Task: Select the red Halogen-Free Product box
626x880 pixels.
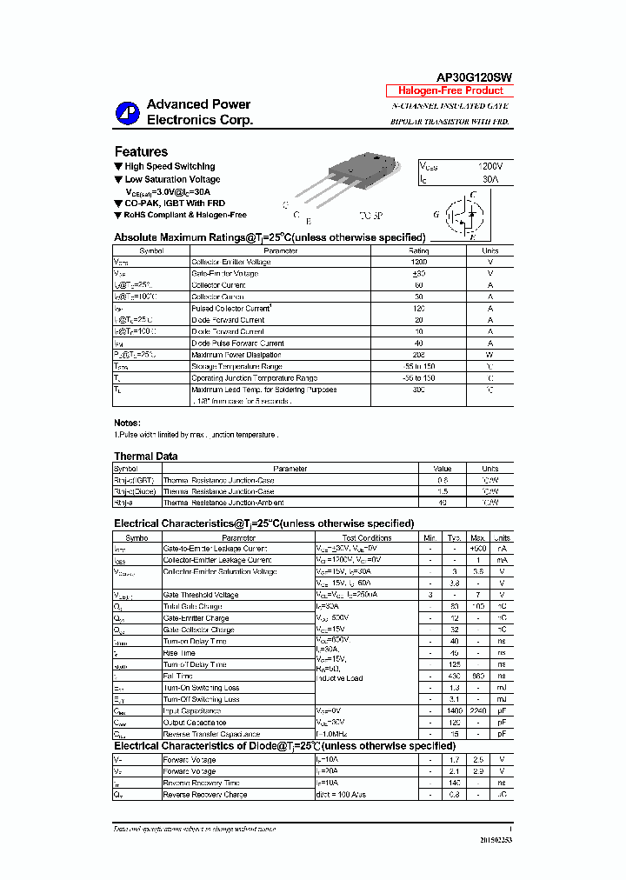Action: coord(450,90)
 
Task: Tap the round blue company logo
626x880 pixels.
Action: coord(128,112)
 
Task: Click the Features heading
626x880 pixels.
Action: coord(141,151)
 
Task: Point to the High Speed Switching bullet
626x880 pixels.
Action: coord(169,166)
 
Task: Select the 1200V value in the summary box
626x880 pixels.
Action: coord(489,165)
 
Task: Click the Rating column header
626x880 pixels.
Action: coord(418,250)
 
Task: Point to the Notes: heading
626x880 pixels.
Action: coord(127,423)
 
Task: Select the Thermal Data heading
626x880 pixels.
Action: coord(145,456)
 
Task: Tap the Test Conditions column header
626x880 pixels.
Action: coord(366,538)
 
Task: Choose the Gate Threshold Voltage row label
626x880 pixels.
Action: coord(201,595)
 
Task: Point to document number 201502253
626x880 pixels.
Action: coord(495,841)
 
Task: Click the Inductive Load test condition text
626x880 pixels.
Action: coord(339,678)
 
